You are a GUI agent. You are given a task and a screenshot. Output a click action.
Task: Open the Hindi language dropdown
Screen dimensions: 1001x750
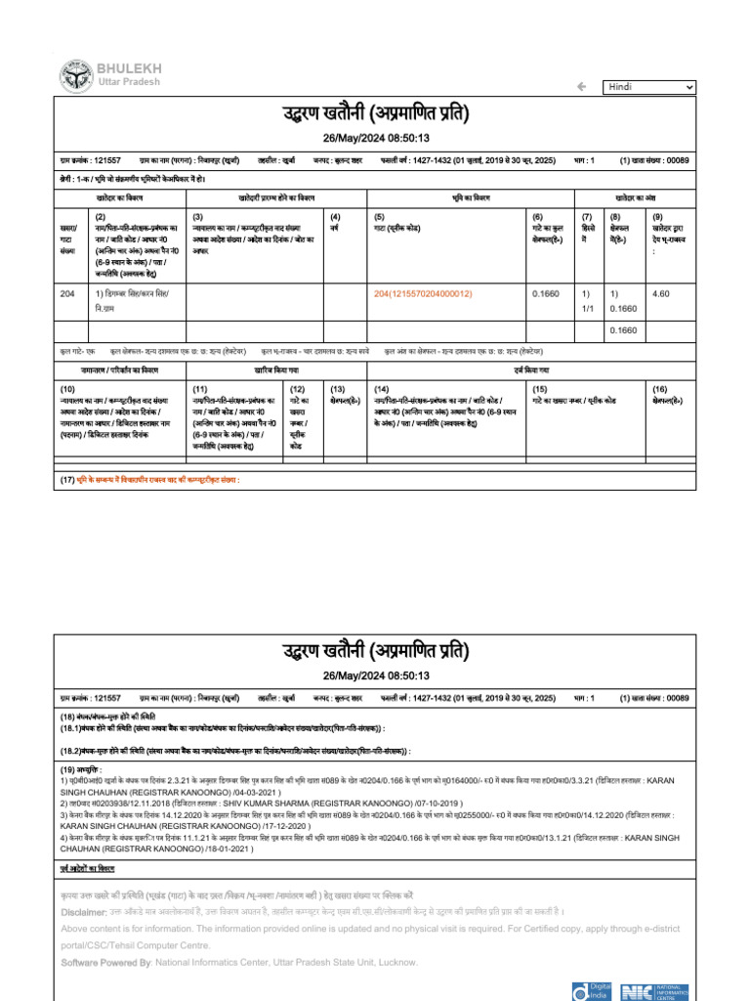[648, 87]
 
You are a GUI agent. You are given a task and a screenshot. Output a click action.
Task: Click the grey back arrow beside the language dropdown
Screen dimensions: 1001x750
[582, 87]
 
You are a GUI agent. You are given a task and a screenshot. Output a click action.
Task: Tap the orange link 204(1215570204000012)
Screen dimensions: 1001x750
[423, 293]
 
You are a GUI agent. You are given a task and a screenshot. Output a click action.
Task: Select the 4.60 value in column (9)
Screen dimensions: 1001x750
[660, 293]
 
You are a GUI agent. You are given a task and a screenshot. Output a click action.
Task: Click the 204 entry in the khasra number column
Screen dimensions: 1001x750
[67, 293]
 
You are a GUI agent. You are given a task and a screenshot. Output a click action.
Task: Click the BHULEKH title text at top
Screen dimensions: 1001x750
[129, 67]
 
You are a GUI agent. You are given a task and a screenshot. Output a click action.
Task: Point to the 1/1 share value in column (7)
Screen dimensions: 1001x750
[587, 308]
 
